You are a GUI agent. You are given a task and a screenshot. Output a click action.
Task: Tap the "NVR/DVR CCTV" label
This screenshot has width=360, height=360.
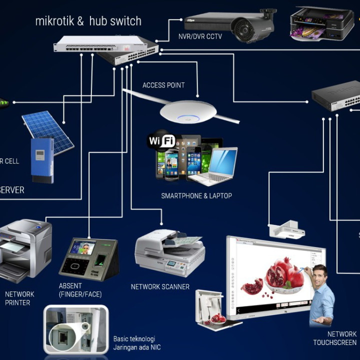pyautogui.click(x=200, y=36)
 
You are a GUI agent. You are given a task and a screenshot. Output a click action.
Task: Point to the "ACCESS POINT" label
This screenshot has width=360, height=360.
pyautogui.click(x=163, y=85)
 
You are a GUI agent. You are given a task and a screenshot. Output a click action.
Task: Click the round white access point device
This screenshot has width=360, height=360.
pyautogui.click(x=188, y=111)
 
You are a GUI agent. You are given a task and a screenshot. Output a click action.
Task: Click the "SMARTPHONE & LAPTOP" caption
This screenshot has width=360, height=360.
pyautogui.click(x=196, y=196)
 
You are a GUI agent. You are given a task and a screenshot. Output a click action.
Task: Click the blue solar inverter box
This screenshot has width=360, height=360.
pyautogui.click(x=42, y=159)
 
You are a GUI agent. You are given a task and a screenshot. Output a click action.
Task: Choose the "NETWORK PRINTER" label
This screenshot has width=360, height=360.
pyautogui.click(x=19, y=298)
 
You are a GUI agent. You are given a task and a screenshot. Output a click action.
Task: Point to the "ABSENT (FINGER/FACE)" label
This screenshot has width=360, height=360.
pyautogui.click(x=80, y=290)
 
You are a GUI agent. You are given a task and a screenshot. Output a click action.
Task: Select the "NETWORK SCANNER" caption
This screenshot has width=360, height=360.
pyautogui.click(x=160, y=287)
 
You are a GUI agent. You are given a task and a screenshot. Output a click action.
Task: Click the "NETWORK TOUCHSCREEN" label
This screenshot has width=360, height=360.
pyautogui.click(x=334, y=338)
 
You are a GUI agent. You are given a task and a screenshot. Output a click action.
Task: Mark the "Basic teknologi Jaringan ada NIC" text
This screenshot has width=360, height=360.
pyautogui.click(x=137, y=342)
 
